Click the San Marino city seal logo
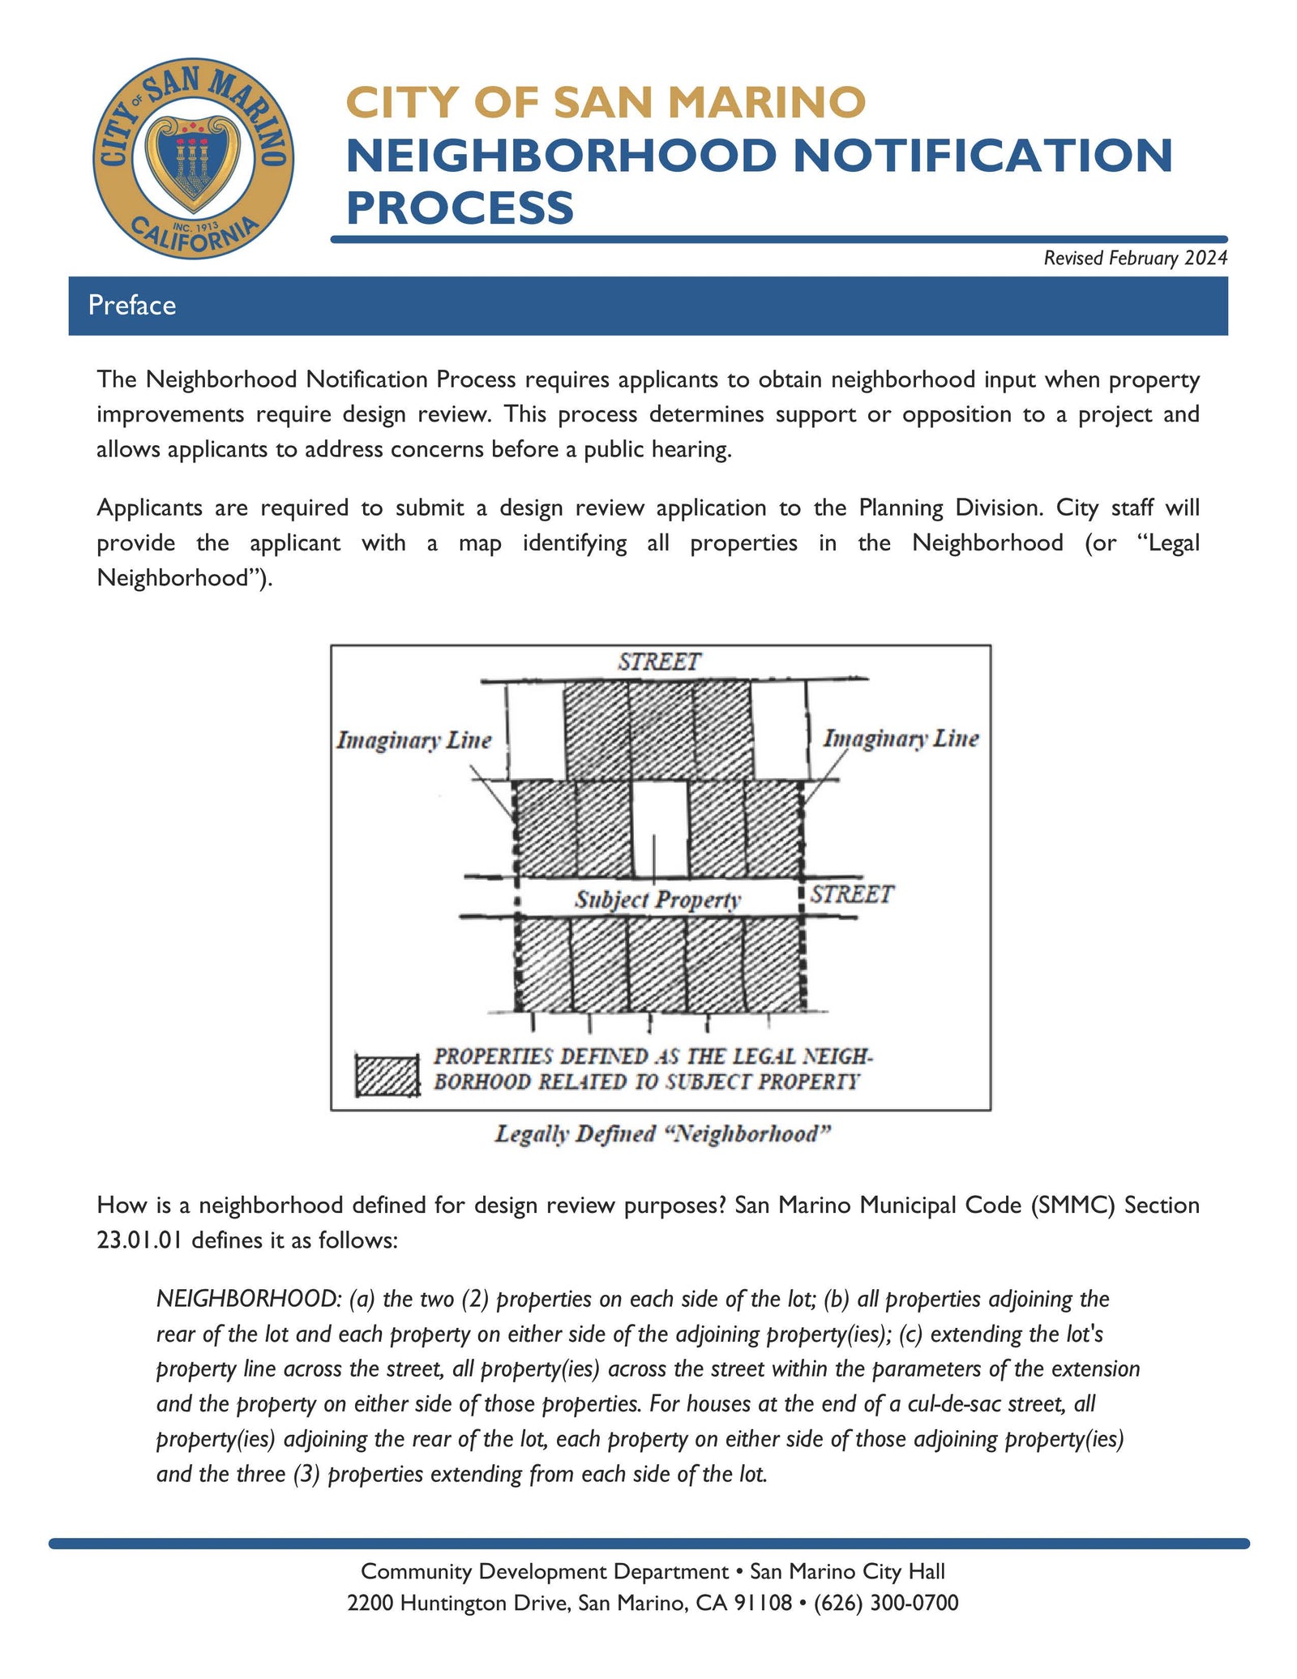pos(193,159)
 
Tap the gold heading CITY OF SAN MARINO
pos(606,103)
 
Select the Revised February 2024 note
pos(1134,258)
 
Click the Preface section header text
pos(132,306)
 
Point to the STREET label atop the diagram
pos(658,662)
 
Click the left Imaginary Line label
pos(414,740)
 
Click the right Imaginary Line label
pos(901,739)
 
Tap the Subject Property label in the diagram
pos(657,899)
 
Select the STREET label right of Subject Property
pos(851,894)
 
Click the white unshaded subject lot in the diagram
pos(659,827)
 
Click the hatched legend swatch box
pos(387,1075)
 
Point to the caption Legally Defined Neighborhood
pos(662,1133)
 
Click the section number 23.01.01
pos(140,1240)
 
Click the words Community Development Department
pos(544,1571)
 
